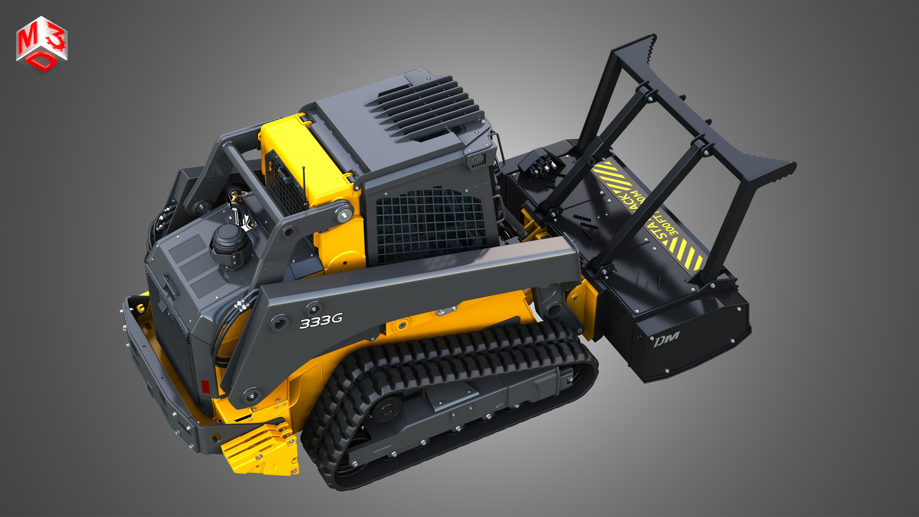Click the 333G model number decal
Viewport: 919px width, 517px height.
pyautogui.click(x=321, y=321)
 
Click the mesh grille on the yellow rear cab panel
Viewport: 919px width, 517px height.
pyautogui.click(x=284, y=182)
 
